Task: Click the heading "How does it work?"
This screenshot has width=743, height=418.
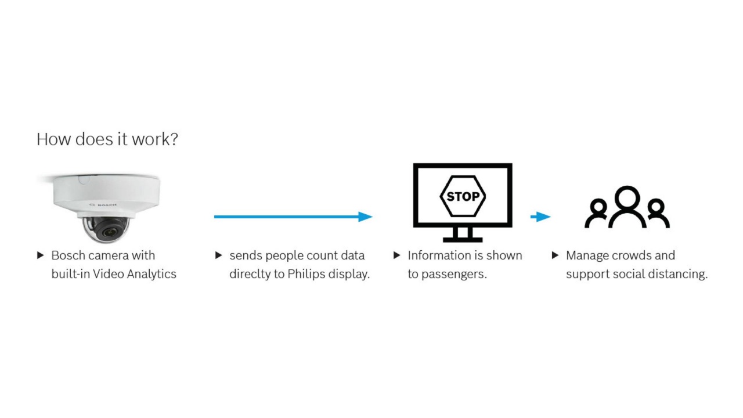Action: click(x=107, y=139)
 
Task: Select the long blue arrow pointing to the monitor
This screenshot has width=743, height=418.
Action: click(x=293, y=217)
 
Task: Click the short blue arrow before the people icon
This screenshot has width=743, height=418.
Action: click(x=540, y=217)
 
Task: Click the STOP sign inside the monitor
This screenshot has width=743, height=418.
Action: click(x=463, y=196)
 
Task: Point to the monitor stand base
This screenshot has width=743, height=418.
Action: click(x=463, y=239)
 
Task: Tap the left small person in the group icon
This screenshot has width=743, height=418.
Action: click(x=597, y=213)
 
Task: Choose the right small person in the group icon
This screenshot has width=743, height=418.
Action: click(x=657, y=213)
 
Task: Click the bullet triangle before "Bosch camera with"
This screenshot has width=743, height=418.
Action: click(x=41, y=255)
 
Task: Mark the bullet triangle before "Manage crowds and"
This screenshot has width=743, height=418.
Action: click(x=556, y=255)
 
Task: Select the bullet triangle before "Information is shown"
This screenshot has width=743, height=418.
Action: click(x=397, y=255)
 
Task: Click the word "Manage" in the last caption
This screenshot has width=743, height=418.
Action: click(x=587, y=255)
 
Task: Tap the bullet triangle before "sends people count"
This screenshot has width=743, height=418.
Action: click(x=219, y=255)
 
